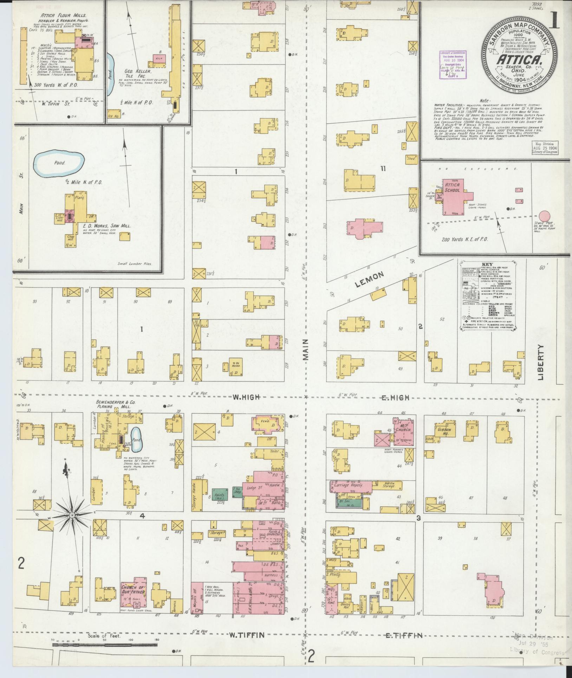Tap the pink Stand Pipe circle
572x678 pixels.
tap(545, 216)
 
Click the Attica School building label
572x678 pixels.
tap(452, 187)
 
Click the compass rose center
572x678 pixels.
tap(72, 515)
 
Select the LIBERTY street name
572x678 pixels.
tap(540, 362)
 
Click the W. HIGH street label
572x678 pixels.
tap(246, 397)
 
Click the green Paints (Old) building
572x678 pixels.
tap(221, 494)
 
